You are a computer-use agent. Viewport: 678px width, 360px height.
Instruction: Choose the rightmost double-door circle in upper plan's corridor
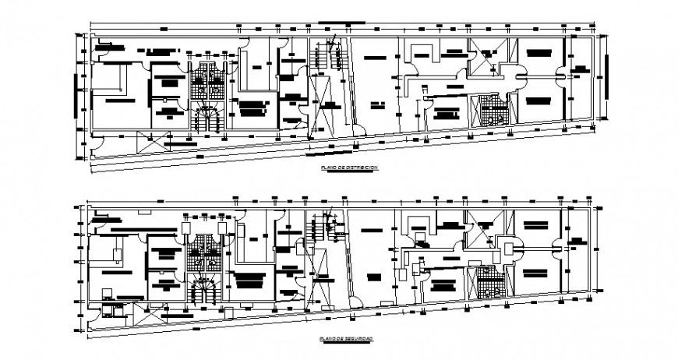560,75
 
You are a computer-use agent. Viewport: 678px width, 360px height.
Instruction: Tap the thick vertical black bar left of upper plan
76,93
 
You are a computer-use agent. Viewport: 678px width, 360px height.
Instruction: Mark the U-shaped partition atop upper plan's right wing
422,55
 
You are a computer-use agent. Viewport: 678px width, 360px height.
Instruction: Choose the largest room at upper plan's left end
117,97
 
